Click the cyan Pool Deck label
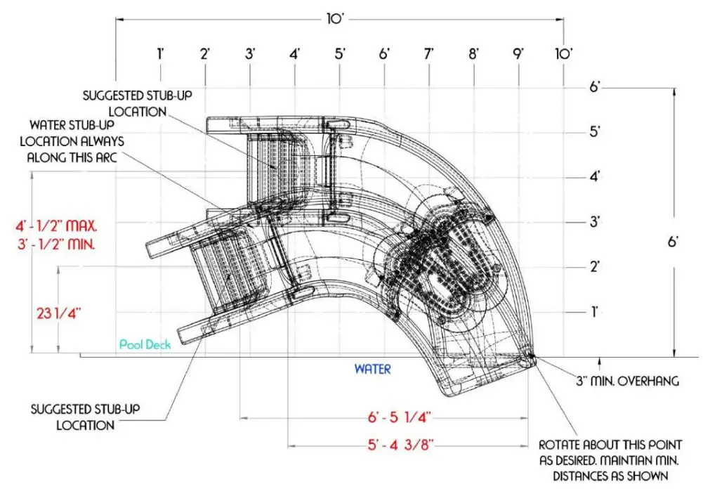(145, 345)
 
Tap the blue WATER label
(372, 369)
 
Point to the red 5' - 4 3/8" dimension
(398, 444)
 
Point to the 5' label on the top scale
(340, 53)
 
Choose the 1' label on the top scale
(161, 53)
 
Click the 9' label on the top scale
(518, 53)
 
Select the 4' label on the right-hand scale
(595, 177)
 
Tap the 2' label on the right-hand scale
(595, 267)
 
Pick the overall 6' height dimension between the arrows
(673, 242)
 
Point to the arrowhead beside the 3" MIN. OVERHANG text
(598, 362)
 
